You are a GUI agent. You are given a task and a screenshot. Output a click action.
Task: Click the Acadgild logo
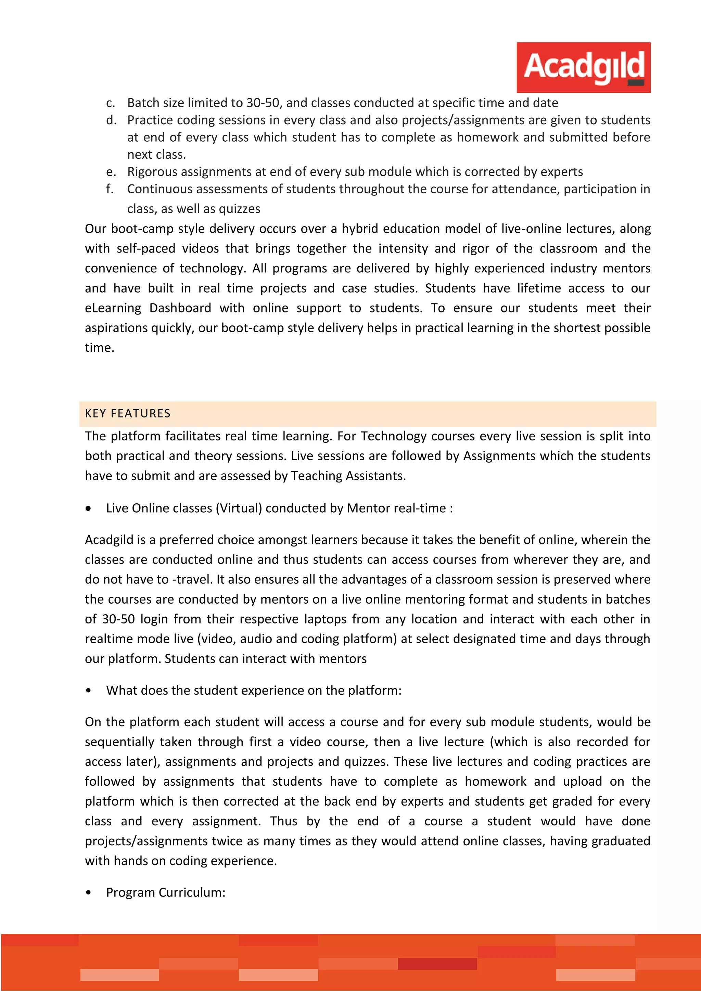click(x=583, y=67)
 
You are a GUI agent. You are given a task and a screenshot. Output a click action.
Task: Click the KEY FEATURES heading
click(x=128, y=413)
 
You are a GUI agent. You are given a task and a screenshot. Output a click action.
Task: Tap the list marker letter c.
click(x=111, y=103)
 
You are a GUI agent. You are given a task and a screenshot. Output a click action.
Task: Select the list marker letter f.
click(x=110, y=189)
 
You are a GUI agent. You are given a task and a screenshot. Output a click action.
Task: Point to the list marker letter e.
click(x=111, y=172)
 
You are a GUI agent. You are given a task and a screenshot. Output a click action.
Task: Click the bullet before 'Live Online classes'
click(x=89, y=509)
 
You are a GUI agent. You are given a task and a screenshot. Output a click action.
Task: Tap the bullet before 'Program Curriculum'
click(x=89, y=892)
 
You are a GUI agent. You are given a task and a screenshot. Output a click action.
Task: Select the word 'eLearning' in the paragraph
click(x=113, y=308)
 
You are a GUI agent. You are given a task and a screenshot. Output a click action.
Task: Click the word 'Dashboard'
click(x=180, y=308)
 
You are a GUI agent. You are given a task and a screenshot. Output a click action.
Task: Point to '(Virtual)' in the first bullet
click(x=240, y=509)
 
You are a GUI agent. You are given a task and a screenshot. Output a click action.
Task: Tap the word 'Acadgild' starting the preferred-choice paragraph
click(x=109, y=540)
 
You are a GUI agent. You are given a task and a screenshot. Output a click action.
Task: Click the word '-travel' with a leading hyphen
click(x=192, y=580)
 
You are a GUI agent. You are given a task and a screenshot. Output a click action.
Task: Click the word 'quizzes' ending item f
click(x=240, y=209)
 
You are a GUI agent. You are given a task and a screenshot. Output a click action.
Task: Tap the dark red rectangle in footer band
click(x=437, y=964)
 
